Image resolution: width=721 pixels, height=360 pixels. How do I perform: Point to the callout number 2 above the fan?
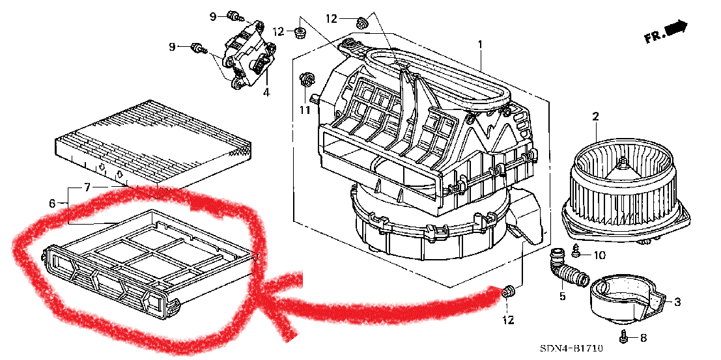(595, 117)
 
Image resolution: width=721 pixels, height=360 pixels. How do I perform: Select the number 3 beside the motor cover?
(677, 302)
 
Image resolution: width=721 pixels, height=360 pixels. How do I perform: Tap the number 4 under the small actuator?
(266, 93)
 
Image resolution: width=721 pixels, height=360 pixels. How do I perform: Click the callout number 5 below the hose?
(562, 296)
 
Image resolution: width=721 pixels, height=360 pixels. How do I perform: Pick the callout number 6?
(51, 202)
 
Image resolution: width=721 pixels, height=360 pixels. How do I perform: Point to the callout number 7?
(87, 187)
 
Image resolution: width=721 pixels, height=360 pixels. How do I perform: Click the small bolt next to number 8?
(625, 337)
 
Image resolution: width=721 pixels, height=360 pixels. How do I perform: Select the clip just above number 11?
(305, 81)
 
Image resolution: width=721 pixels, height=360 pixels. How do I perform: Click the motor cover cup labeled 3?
(628, 299)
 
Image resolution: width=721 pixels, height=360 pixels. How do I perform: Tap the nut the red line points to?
(508, 292)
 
